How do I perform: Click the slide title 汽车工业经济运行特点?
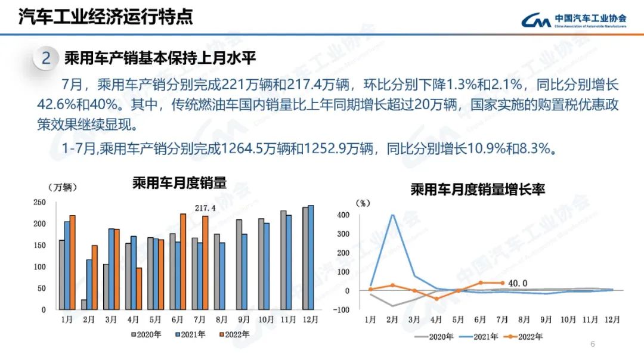click(x=106, y=17)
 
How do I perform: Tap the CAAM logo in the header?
click(x=573, y=20)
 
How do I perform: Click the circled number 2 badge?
click(x=46, y=59)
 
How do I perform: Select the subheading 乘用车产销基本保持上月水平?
click(x=160, y=58)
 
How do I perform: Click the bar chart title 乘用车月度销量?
click(x=179, y=184)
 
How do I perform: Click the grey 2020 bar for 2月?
click(x=83, y=305)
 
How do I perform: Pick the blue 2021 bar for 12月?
click(x=311, y=257)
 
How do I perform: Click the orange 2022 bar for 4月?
click(x=139, y=288)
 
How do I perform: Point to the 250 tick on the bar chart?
click(x=39, y=203)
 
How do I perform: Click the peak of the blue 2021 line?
click(x=392, y=215)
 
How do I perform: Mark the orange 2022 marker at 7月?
click(x=501, y=283)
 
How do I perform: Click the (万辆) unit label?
click(x=61, y=187)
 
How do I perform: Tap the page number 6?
click(x=592, y=344)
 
